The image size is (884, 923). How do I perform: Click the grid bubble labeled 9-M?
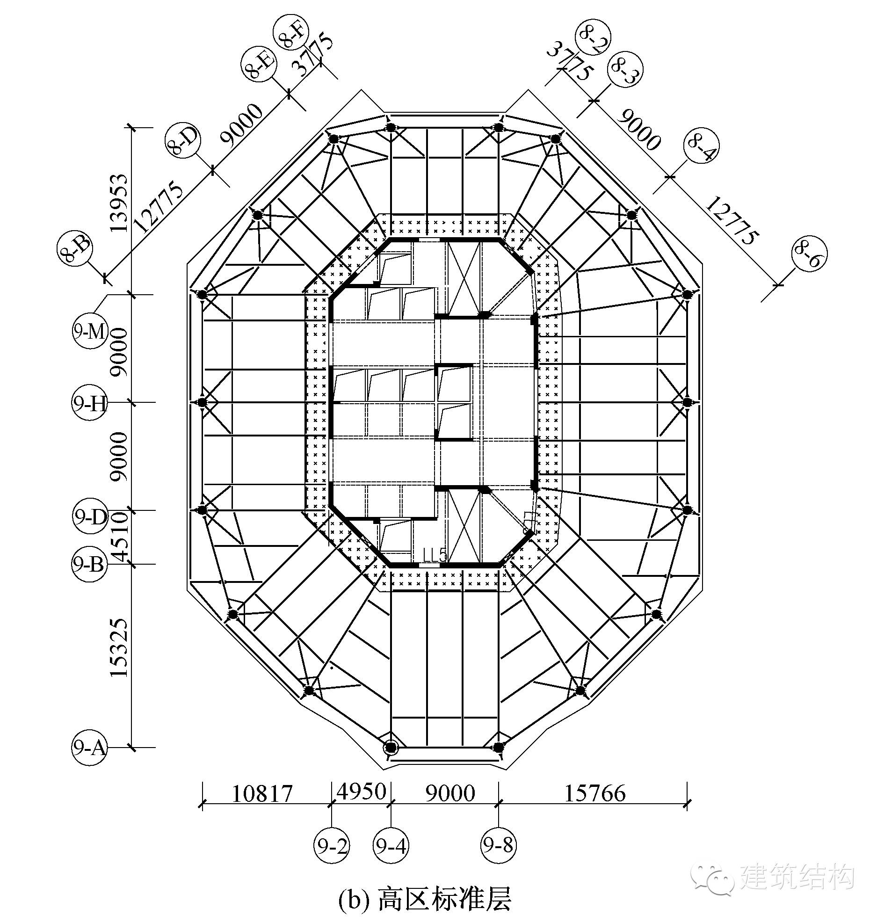(89, 332)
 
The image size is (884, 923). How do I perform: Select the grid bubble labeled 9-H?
(89, 403)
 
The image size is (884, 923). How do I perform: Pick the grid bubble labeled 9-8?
(498, 846)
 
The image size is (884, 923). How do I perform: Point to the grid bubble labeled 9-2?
(332, 846)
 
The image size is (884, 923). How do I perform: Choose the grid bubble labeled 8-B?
(76, 249)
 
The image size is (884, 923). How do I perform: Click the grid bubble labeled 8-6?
(810, 255)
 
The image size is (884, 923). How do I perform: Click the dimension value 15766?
(595, 794)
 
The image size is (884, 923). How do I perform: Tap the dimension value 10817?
(263, 794)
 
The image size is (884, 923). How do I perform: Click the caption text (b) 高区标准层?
(425, 899)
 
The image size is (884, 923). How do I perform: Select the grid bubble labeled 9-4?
(391, 846)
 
